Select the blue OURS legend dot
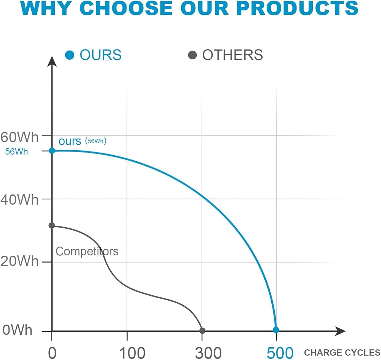point(69,55)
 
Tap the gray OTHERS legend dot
point(192,55)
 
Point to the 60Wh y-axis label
point(19,137)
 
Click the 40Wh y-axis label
point(19,200)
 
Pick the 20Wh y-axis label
point(19,261)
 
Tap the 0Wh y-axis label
point(17,330)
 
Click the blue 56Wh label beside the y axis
point(16,152)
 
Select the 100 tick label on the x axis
point(133,353)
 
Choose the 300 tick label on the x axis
point(208,353)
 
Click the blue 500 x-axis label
point(280,353)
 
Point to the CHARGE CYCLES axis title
point(342,352)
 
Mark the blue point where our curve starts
point(52,151)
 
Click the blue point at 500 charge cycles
point(276,330)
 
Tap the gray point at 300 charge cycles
point(202,330)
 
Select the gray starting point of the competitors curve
point(52,226)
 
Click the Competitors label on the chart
point(87,252)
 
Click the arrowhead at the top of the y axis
point(52,61)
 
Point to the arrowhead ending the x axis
point(340,331)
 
